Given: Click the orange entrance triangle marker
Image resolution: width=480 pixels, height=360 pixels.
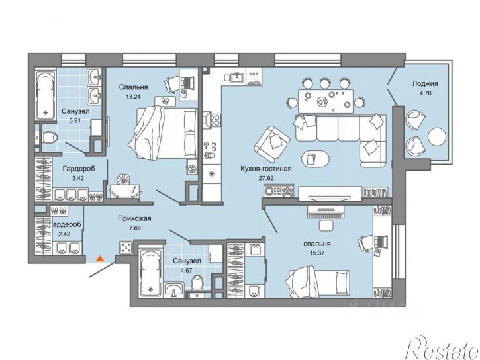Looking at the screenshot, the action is coord(100,259).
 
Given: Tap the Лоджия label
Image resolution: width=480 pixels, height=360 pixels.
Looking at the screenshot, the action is coord(425,83).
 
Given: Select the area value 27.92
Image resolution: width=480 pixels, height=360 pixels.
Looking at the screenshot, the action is coord(265,178).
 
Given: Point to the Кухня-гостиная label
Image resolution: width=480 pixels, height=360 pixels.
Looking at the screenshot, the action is coord(265,169).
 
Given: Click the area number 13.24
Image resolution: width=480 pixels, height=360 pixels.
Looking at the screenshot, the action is coord(133,97).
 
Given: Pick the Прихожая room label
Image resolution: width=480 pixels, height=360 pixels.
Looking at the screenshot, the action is coord(134,218).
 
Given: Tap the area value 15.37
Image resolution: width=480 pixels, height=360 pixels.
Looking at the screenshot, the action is coord(317,253).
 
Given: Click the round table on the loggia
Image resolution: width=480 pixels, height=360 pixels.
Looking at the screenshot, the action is coord(437,138).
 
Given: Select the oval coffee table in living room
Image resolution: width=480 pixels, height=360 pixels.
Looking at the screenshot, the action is coord(316,159).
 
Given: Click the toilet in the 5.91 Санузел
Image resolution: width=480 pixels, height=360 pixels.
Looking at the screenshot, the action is coord(49,138).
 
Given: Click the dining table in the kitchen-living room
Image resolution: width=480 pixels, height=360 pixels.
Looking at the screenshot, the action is coord(326,101).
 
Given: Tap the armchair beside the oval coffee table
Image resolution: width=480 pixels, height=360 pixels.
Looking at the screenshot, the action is coord(272,144).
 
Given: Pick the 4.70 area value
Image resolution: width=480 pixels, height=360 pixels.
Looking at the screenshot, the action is coord(426,93).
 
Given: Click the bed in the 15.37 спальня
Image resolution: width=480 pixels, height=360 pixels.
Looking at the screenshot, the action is coord(317,283).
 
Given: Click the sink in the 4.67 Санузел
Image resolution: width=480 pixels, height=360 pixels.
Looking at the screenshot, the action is coord(173,289).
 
